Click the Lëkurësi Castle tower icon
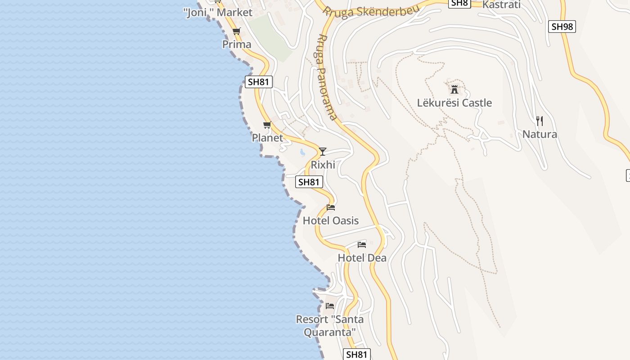(x=454, y=89)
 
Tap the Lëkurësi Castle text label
(x=454, y=103)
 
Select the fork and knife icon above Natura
(x=540, y=121)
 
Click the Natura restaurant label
(x=540, y=134)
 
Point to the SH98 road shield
(x=562, y=27)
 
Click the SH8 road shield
(x=459, y=3)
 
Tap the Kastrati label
(x=501, y=5)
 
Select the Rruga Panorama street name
(x=327, y=77)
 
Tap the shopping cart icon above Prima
(x=236, y=31)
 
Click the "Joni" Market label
(x=218, y=13)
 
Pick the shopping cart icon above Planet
(x=267, y=125)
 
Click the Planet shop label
(x=267, y=138)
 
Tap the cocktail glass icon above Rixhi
(x=322, y=151)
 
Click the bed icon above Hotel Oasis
(x=331, y=207)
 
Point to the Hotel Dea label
(x=362, y=258)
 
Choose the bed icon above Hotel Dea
(x=362, y=245)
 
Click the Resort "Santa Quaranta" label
(x=329, y=325)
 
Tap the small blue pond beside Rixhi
(x=303, y=153)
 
